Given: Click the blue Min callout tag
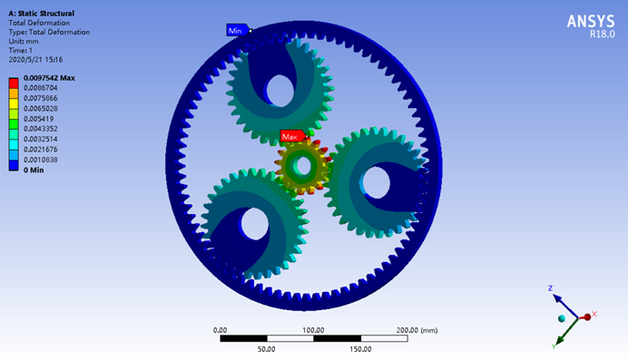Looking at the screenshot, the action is [x=238, y=31].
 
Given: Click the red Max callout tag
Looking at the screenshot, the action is [x=293, y=136].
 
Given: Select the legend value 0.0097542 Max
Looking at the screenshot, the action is [x=49, y=78].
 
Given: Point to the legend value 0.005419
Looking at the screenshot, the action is [x=38, y=119].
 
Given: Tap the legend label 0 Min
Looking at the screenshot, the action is [x=34, y=170].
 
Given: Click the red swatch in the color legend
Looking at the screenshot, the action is [x=14, y=83].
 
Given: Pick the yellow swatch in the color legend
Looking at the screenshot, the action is [x=14, y=103].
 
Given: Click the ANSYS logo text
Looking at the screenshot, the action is [x=591, y=21].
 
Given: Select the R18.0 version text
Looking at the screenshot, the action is [x=602, y=34].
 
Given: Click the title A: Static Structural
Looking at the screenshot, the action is [x=41, y=14].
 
